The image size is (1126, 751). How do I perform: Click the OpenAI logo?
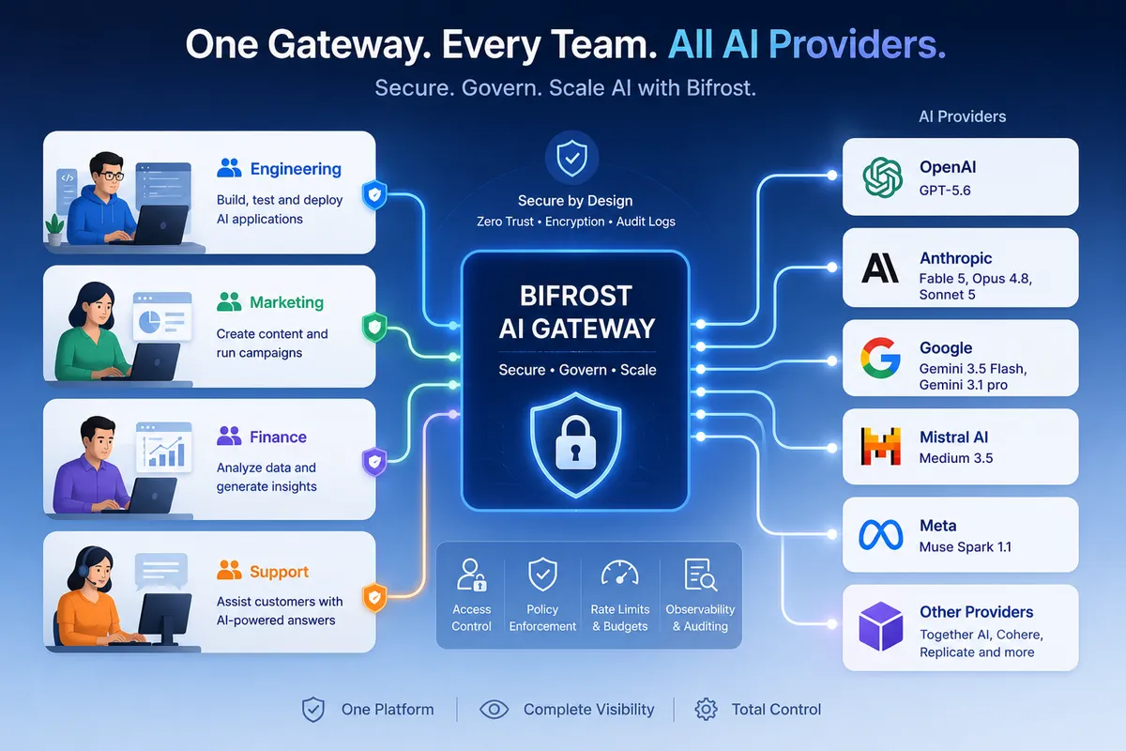[882, 177]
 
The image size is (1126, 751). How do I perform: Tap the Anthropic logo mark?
[880, 268]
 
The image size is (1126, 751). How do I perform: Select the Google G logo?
[880, 358]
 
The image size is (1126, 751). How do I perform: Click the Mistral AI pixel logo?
[880, 446]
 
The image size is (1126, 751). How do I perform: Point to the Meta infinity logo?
[881, 534]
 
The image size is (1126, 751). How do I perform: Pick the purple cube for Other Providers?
[880, 626]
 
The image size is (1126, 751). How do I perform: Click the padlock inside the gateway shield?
[575, 442]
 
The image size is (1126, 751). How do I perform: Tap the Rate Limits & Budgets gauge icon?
[620, 574]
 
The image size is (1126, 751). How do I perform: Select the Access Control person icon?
[471, 575]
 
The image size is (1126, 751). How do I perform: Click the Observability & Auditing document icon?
[701, 575]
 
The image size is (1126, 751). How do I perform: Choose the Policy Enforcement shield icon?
[542, 574]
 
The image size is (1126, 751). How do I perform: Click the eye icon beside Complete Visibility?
[495, 710]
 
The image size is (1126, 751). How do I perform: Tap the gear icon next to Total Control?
[707, 710]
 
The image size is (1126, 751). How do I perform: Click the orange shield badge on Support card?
[374, 598]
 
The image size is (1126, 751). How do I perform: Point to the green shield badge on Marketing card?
[374, 328]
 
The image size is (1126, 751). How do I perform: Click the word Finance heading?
[278, 437]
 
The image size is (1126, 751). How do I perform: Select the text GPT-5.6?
[945, 191]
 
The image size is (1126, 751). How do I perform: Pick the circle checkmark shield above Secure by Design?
[572, 158]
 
